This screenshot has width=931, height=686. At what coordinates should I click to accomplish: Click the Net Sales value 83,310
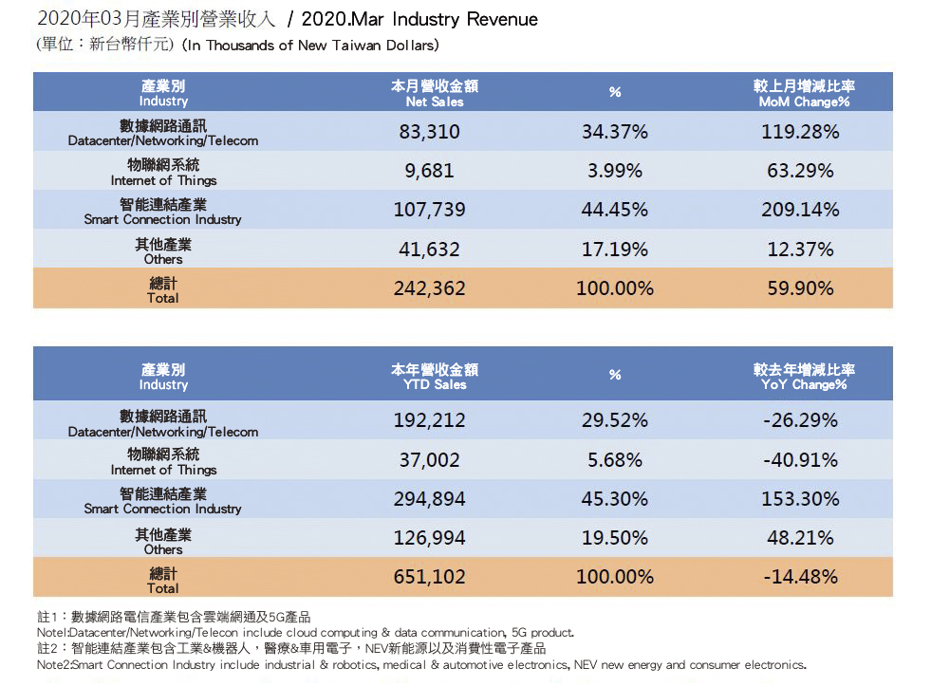click(x=429, y=132)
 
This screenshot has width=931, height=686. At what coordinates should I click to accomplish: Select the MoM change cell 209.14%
click(x=800, y=210)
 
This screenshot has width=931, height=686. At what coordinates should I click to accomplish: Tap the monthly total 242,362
click(x=429, y=288)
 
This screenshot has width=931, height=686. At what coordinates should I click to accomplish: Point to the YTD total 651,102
click(x=429, y=577)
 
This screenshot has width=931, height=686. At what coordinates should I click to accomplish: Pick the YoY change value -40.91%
click(x=800, y=460)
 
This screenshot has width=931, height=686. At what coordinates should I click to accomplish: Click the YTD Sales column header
click(x=435, y=377)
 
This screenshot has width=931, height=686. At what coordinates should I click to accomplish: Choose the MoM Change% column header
click(x=804, y=93)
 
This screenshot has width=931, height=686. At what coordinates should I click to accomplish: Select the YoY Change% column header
click(x=804, y=377)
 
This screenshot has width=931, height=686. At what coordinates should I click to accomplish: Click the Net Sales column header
click(x=435, y=93)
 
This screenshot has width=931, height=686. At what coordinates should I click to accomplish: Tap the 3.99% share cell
click(x=615, y=171)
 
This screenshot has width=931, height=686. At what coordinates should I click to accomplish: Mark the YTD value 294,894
click(x=429, y=499)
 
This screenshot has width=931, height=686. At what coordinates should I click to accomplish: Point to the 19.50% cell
click(x=615, y=538)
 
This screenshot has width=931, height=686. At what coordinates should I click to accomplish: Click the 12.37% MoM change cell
click(x=800, y=250)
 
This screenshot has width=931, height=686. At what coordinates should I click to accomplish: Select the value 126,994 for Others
click(x=429, y=538)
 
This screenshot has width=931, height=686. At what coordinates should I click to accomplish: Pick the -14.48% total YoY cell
click(x=800, y=577)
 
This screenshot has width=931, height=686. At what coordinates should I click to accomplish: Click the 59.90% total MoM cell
click(x=800, y=288)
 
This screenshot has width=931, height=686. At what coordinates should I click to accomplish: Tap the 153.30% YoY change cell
click(x=800, y=499)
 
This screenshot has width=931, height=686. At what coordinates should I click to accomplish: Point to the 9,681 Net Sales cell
click(x=429, y=171)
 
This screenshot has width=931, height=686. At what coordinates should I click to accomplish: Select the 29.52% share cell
click(x=615, y=420)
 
